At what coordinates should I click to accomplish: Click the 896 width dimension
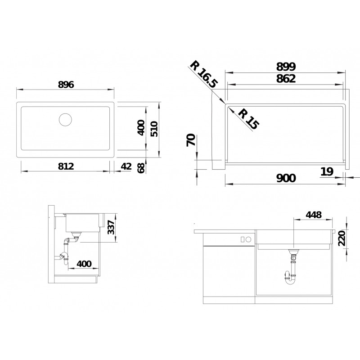pos(66,85)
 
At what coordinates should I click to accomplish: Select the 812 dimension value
pos(66,166)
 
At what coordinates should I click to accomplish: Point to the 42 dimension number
pos(126,166)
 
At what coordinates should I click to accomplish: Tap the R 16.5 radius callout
pos(204,74)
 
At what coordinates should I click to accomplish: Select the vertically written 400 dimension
pos(140,128)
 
